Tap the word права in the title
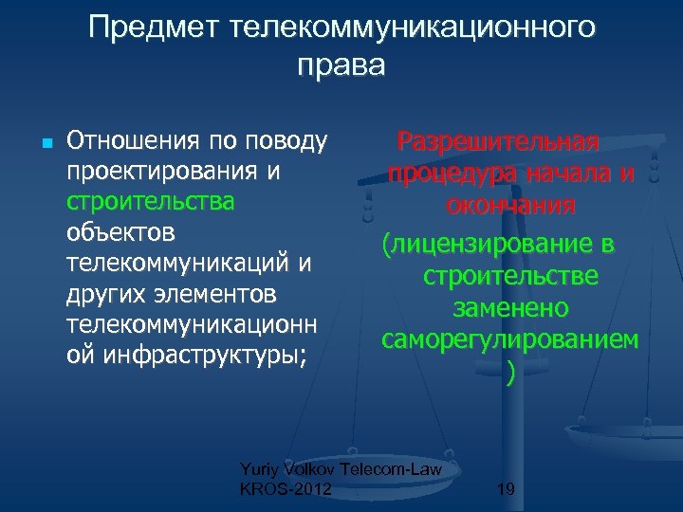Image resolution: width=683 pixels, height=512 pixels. (x=341, y=66)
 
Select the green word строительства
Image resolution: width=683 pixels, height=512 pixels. (x=151, y=203)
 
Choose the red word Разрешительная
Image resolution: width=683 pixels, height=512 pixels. (x=498, y=142)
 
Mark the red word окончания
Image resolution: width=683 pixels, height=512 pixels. (x=510, y=205)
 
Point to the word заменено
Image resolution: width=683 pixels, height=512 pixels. (x=510, y=308)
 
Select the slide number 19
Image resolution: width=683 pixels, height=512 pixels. (x=506, y=489)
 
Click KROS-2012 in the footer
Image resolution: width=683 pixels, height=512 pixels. (x=286, y=489)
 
